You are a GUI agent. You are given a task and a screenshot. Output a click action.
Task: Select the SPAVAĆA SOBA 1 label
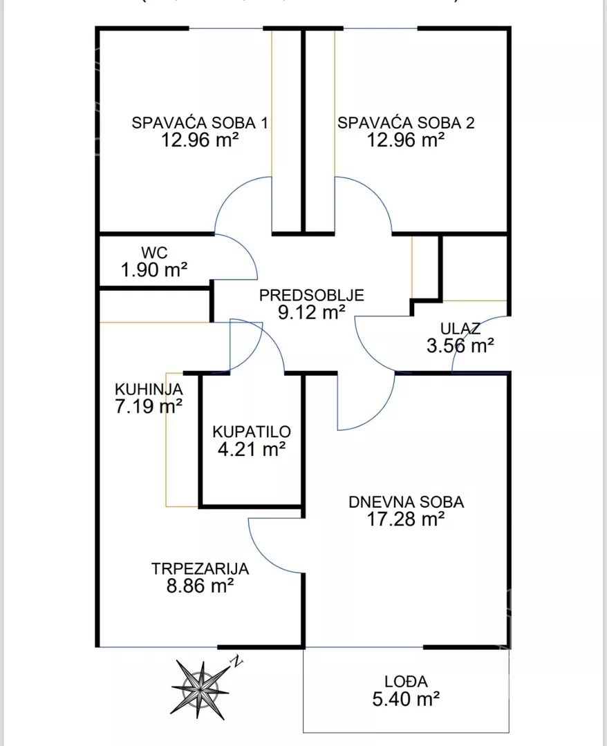200,124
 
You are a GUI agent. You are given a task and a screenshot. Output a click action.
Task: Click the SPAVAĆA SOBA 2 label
406,124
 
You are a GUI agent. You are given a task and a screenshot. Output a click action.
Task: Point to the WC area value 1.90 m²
154,269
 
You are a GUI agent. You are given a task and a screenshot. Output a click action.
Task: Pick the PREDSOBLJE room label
311,296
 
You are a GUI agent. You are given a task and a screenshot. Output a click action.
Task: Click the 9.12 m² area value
311,313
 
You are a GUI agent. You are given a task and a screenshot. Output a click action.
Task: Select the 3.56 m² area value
460,345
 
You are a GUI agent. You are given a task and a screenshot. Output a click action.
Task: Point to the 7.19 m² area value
149,406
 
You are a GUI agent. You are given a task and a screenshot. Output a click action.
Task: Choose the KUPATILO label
252,432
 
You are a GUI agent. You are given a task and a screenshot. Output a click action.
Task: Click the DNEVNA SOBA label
406,502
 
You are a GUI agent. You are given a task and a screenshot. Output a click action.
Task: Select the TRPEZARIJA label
200,569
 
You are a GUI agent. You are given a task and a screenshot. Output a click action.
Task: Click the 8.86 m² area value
199,586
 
